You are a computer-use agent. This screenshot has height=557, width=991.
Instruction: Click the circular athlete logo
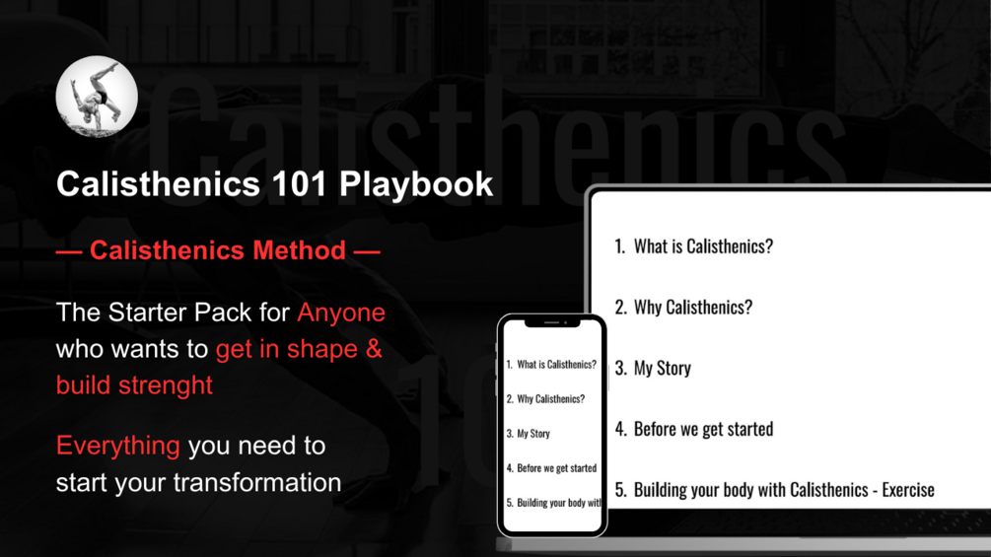point(97,97)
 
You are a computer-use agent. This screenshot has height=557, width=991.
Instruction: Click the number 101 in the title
point(300,183)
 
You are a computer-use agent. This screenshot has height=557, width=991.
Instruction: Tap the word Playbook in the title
point(416,184)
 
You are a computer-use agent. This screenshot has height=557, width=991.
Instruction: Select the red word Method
point(299,250)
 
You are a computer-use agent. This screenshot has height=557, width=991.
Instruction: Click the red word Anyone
point(341,313)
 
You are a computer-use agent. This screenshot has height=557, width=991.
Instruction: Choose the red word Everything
point(118,446)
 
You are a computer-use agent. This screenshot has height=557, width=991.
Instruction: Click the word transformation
point(257,482)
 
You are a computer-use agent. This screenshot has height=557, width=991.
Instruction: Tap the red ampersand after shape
point(374,349)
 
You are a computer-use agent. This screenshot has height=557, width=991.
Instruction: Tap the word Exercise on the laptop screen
point(908,489)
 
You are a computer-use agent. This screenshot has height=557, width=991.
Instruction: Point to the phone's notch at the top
point(552,322)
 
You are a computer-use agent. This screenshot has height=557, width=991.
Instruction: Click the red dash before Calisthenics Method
point(69,252)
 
